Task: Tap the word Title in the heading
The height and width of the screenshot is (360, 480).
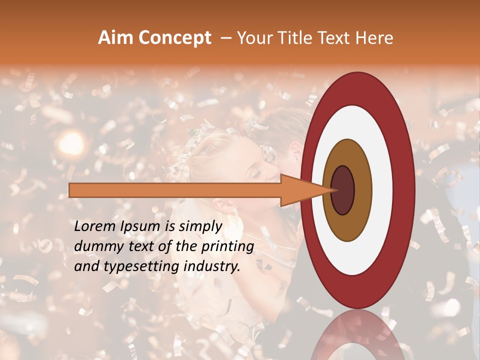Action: [300, 38]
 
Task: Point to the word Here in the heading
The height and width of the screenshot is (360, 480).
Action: [374, 38]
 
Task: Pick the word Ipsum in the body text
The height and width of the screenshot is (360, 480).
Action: [140, 226]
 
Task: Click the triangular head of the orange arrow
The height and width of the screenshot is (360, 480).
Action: [300, 190]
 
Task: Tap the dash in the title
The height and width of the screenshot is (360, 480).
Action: [226, 38]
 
